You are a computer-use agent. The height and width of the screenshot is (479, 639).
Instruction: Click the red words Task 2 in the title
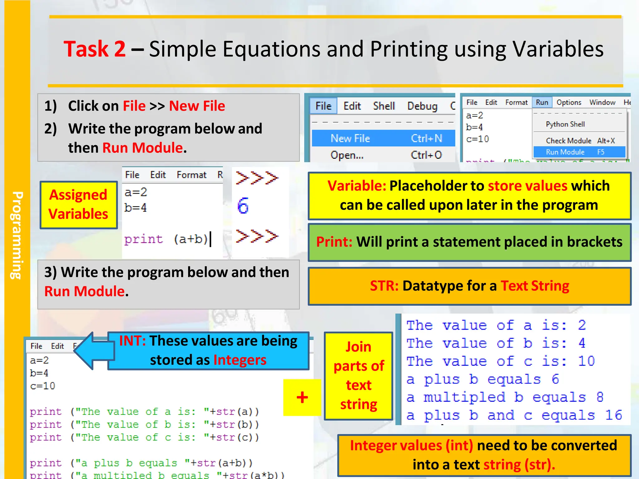point(95,49)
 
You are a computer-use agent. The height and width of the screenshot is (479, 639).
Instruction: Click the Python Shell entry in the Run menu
point(565,124)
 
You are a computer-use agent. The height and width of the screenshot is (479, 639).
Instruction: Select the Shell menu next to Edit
point(384,106)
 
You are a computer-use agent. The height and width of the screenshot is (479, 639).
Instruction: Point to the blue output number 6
point(243,206)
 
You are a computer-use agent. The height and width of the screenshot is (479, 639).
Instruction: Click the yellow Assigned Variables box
point(78,205)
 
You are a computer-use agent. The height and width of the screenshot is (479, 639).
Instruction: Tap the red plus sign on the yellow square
point(302,397)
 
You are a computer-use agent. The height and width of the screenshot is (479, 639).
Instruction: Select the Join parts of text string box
point(359,376)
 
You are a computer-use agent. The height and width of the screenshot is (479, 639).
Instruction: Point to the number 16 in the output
point(613,415)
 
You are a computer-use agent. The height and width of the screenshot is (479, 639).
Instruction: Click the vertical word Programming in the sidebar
point(17,235)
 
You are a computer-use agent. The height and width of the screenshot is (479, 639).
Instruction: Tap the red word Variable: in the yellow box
point(357,186)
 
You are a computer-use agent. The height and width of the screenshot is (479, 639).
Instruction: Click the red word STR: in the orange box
point(384,286)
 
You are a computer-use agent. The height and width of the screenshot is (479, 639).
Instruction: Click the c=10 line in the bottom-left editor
point(43,386)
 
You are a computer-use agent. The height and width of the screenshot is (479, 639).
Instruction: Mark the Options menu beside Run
point(568,102)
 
